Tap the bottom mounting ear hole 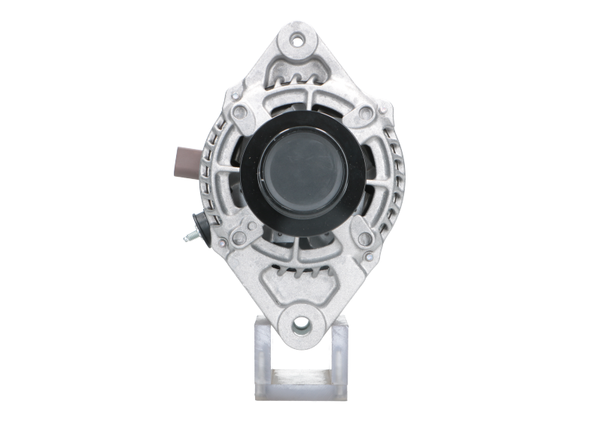click(301, 323)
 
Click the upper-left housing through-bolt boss click(240, 112)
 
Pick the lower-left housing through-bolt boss click(239, 238)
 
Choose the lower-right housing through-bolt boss click(366, 238)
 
